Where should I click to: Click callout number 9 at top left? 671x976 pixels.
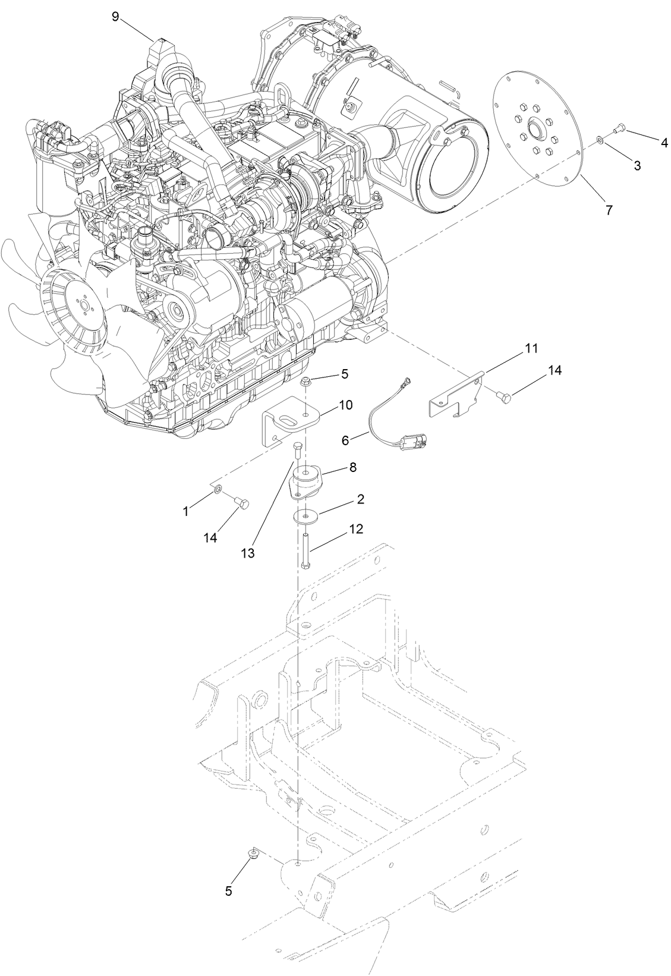[x=116, y=17]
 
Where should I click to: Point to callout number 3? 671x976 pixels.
[x=637, y=166]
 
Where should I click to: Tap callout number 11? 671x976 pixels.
[x=531, y=349]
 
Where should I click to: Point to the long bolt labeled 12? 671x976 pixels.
[x=305, y=550]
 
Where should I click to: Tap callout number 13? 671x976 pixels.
[x=248, y=553]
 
